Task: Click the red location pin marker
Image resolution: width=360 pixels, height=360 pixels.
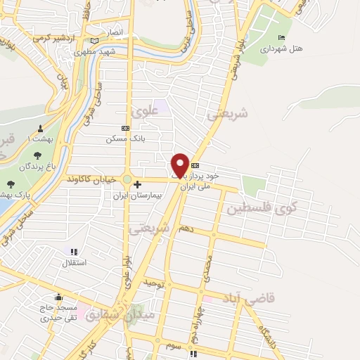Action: [x=180, y=165]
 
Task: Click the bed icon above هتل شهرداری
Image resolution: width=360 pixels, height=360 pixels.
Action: [x=282, y=37]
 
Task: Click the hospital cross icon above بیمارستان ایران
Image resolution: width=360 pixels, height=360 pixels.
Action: [x=138, y=185]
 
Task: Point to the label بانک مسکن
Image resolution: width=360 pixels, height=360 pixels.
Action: [x=120, y=139]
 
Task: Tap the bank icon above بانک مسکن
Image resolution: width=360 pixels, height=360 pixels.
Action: [x=125, y=129]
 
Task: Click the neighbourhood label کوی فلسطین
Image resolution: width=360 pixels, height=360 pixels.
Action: [x=262, y=207]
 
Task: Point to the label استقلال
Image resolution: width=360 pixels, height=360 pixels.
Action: [x=75, y=263]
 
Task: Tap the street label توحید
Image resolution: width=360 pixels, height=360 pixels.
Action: [x=153, y=282]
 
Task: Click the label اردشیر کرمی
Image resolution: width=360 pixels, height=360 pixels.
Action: [x=53, y=37]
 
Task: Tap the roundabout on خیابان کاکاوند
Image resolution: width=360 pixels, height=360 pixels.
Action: [x=127, y=179]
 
